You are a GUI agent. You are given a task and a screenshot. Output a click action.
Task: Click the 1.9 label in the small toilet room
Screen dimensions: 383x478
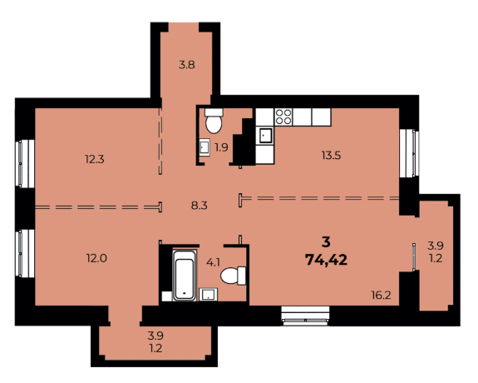[222, 147]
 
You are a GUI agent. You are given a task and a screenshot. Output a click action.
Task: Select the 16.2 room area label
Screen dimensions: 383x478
[382, 294]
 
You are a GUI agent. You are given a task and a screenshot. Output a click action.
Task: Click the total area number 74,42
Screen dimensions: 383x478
[327, 259]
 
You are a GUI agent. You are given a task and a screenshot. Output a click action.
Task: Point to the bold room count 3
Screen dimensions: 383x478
[325, 242]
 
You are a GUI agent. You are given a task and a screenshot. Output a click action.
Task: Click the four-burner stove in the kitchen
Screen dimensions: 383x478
[283, 117]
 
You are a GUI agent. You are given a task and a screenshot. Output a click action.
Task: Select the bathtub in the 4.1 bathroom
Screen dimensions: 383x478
[182, 276]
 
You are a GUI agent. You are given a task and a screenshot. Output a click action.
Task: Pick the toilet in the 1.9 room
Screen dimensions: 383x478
[214, 122]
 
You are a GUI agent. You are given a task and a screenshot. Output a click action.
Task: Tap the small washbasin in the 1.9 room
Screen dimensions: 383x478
[204, 148]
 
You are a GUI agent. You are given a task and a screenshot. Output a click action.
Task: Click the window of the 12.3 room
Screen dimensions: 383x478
[24, 163]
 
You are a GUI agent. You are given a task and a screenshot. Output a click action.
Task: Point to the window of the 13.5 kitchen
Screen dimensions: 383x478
[407, 153]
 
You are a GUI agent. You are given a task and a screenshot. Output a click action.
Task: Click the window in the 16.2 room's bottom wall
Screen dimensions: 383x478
[306, 315]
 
